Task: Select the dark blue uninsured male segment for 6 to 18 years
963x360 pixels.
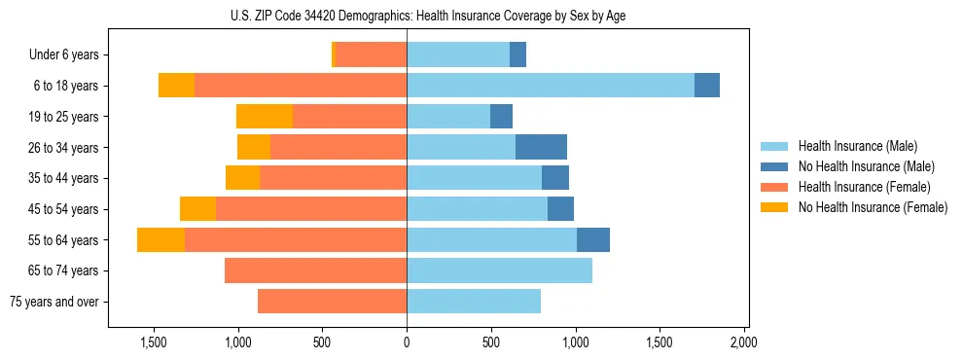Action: tap(707, 86)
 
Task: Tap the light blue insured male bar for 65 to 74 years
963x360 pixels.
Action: tap(499, 270)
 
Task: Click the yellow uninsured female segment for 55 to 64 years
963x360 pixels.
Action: tap(160, 240)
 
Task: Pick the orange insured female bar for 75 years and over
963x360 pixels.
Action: tap(332, 302)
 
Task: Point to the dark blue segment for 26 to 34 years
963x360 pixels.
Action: tap(541, 148)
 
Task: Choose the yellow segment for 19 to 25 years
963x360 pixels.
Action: tap(265, 117)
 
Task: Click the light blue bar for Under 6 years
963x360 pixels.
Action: tap(458, 55)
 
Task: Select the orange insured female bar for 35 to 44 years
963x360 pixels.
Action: tap(333, 178)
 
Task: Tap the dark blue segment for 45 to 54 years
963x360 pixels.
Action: tap(560, 209)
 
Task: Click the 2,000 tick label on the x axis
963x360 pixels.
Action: tap(743, 343)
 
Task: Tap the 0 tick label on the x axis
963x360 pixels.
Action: tap(407, 343)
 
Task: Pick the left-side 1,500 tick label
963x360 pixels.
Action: tap(156, 343)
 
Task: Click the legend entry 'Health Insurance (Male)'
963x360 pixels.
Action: tap(857, 146)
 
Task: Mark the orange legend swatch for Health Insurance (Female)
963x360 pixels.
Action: tap(774, 187)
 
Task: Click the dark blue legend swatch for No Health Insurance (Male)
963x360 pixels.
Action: tap(774, 166)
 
